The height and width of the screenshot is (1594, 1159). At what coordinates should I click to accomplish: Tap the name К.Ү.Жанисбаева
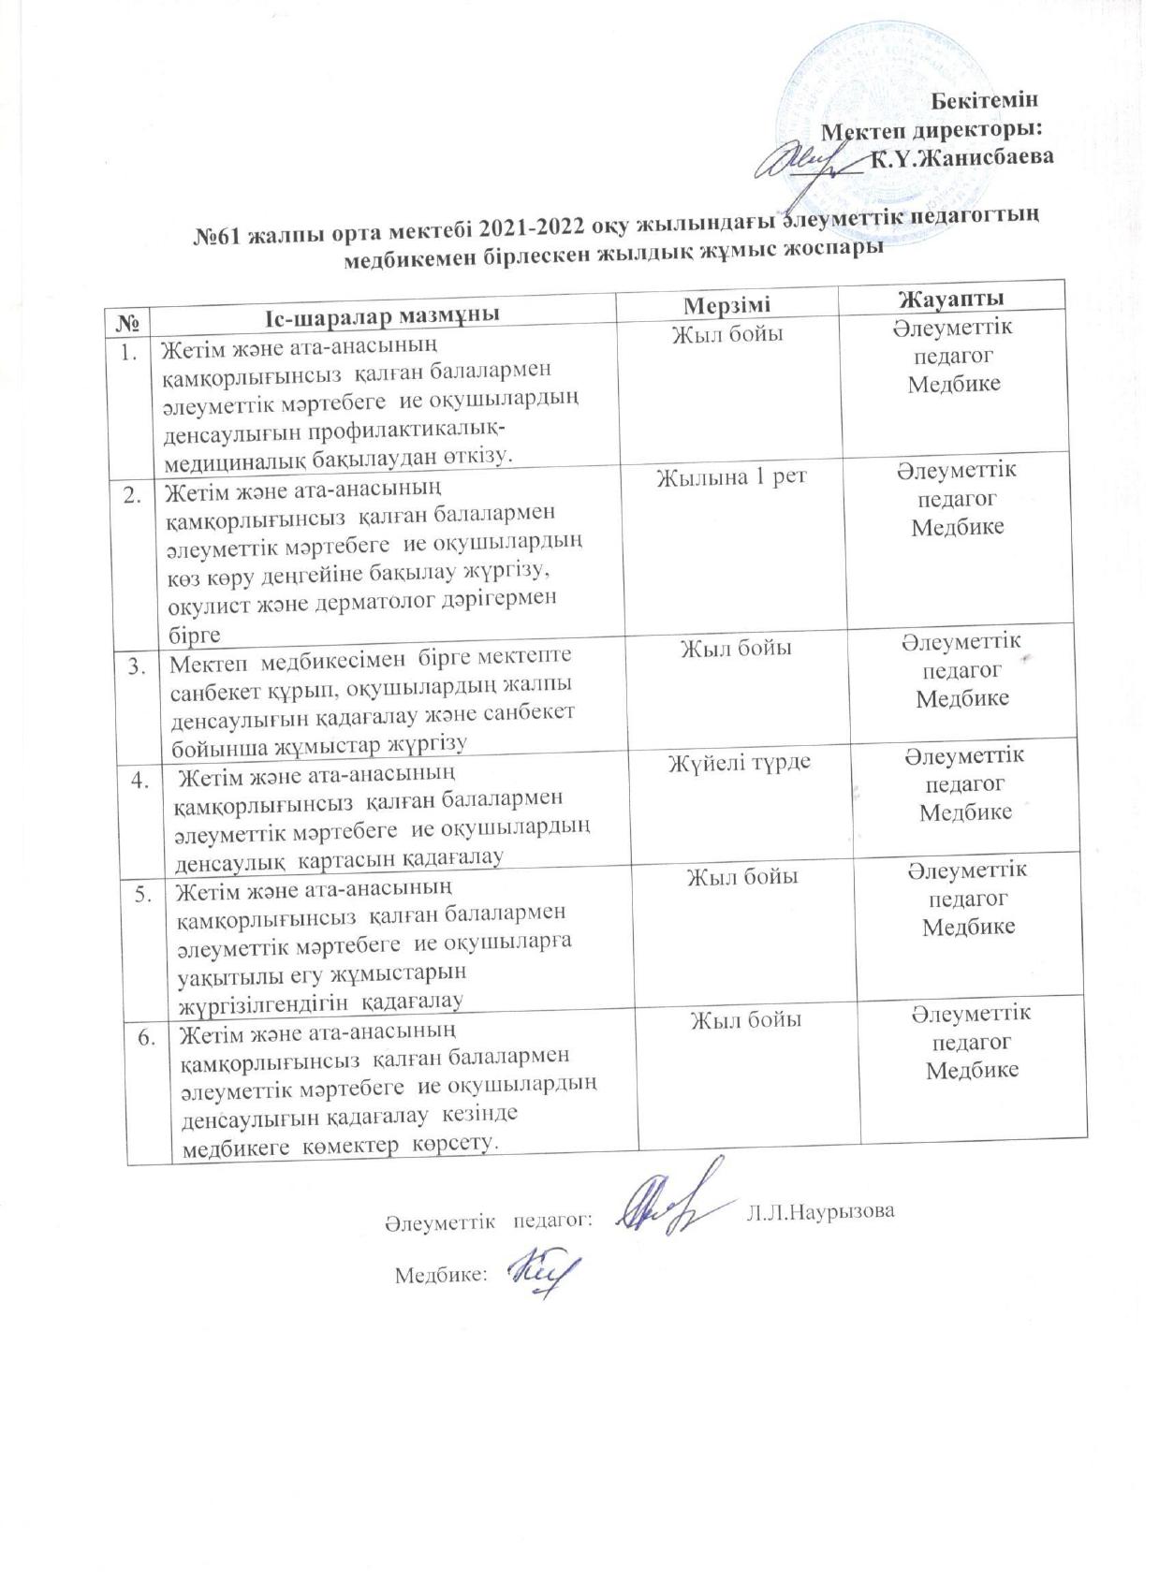tap(961, 156)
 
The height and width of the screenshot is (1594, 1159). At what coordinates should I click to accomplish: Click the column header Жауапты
tap(951, 299)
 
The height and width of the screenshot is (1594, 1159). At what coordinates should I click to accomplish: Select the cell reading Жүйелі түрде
tap(739, 764)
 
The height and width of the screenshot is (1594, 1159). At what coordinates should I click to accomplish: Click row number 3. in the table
tap(139, 665)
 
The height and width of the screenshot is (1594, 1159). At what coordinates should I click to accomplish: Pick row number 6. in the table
tap(148, 1037)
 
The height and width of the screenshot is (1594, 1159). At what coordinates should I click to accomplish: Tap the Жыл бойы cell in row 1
tap(727, 334)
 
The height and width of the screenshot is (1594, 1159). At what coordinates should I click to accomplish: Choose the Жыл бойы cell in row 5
tap(742, 878)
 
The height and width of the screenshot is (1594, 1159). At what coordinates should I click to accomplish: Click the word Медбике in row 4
tap(965, 812)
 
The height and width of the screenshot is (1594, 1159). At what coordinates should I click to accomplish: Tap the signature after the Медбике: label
tap(540, 1269)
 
